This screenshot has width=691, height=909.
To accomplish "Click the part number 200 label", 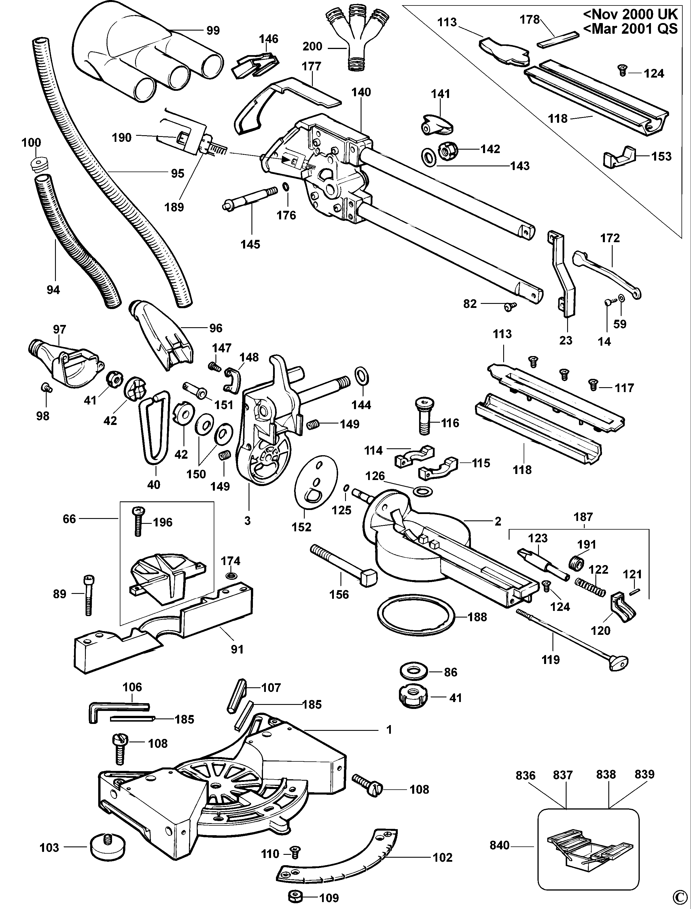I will click(312, 46).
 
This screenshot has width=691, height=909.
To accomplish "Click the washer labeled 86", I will click(414, 671).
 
